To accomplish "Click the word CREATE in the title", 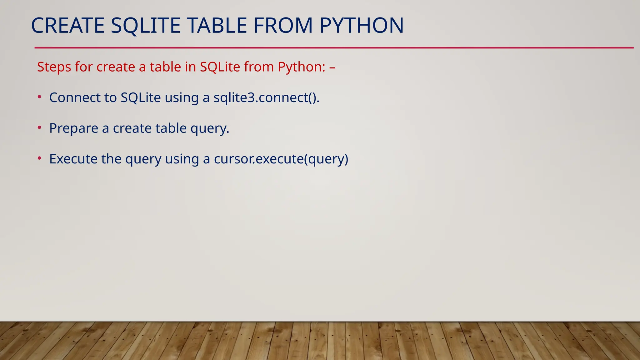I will tap(67, 26).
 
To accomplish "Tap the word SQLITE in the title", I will tap(146, 26).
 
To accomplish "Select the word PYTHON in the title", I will tap(362, 26).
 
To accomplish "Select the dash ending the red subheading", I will tap(332, 67).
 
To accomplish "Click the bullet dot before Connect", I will tap(39, 97).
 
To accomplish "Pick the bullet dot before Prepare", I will tap(39, 128).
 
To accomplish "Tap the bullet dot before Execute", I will tap(39, 158).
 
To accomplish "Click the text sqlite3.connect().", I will tap(267, 98).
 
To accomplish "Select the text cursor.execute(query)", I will tap(281, 159).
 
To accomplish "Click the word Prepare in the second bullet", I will tap(74, 128).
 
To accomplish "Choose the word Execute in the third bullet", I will tap(73, 159).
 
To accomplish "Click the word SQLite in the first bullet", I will tap(141, 98).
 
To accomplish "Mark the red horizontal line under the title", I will tap(334, 48).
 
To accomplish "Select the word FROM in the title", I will tap(283, 26).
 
